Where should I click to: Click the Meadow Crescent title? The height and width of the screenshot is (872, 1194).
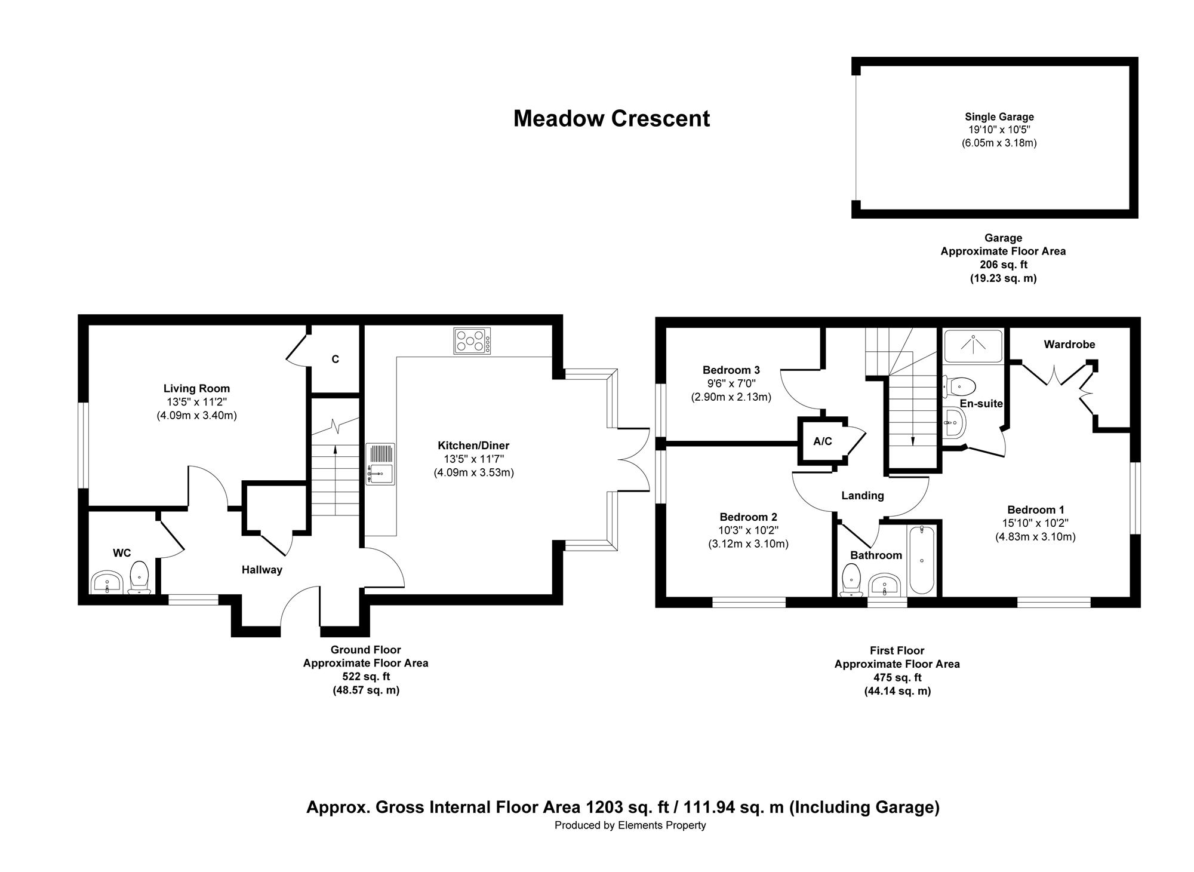(611, 119)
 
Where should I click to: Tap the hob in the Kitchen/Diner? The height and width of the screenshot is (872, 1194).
(472, 341)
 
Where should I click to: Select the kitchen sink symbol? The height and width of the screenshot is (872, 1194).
(380, 464)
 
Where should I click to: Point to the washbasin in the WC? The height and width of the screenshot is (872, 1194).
(107, 582)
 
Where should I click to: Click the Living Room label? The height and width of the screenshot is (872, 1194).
(196, 389)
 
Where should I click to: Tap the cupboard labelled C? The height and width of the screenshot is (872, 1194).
(336, 359)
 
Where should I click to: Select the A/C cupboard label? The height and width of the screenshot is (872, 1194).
(823, 441)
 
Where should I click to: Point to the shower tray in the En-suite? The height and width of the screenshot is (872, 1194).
(973, 346)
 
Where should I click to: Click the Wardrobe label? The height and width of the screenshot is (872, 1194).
(1069, 345)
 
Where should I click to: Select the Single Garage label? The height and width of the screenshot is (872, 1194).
(999, 117)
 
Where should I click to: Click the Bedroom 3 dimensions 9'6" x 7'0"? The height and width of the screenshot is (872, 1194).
(731, 383)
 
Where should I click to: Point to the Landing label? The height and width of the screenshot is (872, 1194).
(863, 496)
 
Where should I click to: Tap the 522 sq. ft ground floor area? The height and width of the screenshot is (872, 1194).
(366, 677)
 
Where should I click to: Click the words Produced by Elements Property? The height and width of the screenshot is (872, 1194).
(630, 825)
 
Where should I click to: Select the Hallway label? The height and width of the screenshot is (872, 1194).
(262, 570)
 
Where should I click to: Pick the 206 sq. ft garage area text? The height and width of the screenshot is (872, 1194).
(1003, 265)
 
